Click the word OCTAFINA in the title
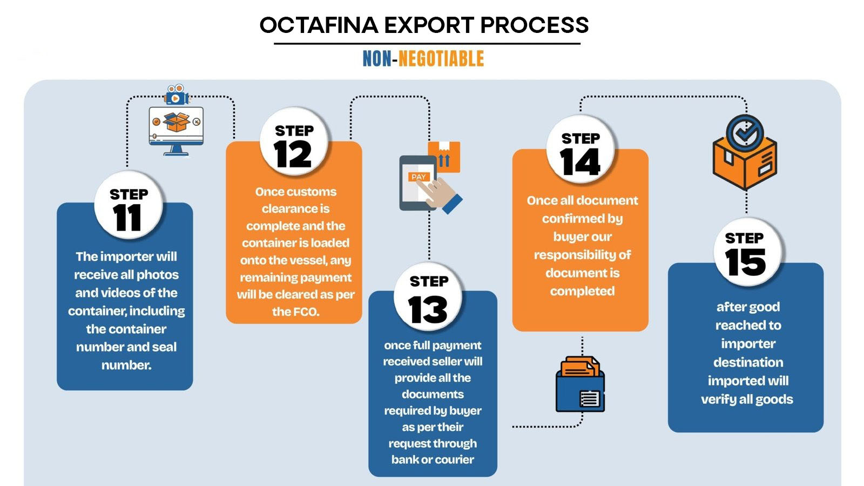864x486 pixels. click(319, 25)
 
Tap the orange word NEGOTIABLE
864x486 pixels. click(441, 59)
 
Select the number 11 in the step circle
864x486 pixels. click(127, 218)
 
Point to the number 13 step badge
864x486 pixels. click(428, 296)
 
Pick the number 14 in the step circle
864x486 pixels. click(580, 162)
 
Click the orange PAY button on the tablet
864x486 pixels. click(418, 177)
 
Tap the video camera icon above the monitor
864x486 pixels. click(177, 94)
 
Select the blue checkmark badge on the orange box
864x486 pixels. click(745, 133)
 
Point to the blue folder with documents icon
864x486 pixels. click(580, 384)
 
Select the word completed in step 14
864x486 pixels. click(582, 291)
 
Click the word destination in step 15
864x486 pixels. click(748, 362)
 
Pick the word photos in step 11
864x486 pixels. click(158, 275)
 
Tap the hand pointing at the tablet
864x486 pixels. click(440, 194)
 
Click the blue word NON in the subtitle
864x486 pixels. click(377, 59)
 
